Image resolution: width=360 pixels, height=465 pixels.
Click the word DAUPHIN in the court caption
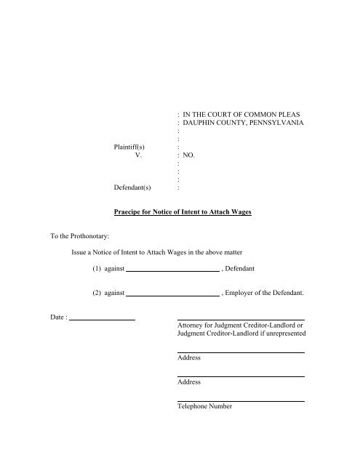click(204, 124)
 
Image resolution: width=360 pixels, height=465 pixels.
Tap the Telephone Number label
click(204, 407)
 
